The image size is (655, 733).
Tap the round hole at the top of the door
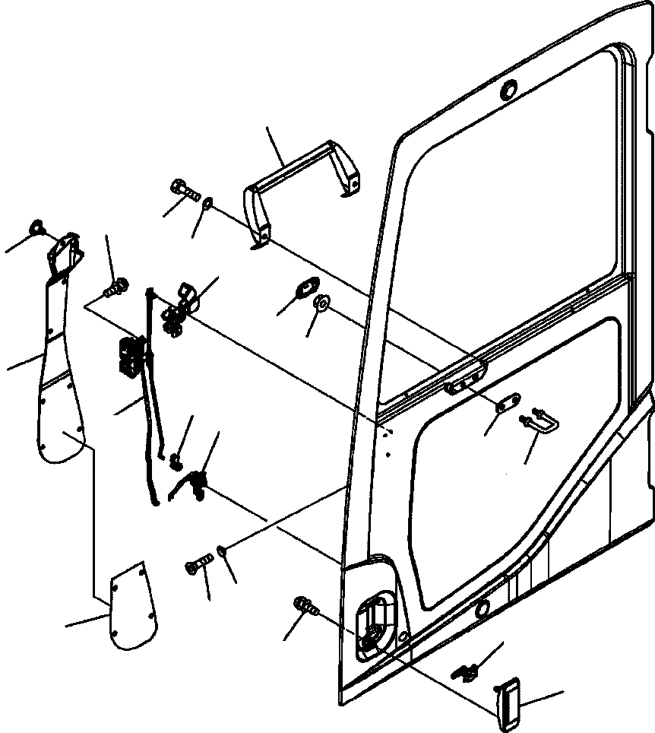pyautogui.click(x=508, y=90)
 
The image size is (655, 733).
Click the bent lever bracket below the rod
pyautogui.click(x=193, y=483)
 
